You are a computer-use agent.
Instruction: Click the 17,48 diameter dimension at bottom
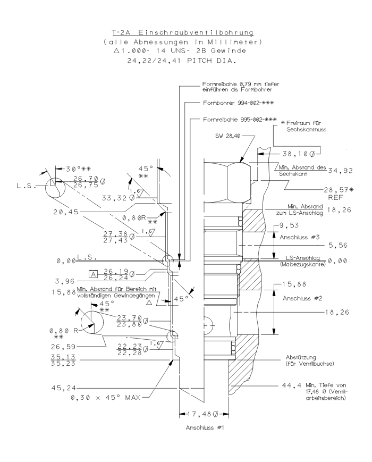(x=203, y=414)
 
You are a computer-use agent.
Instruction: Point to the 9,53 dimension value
(x=290, y=225)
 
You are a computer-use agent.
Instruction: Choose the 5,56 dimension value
(x=337, y=245)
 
